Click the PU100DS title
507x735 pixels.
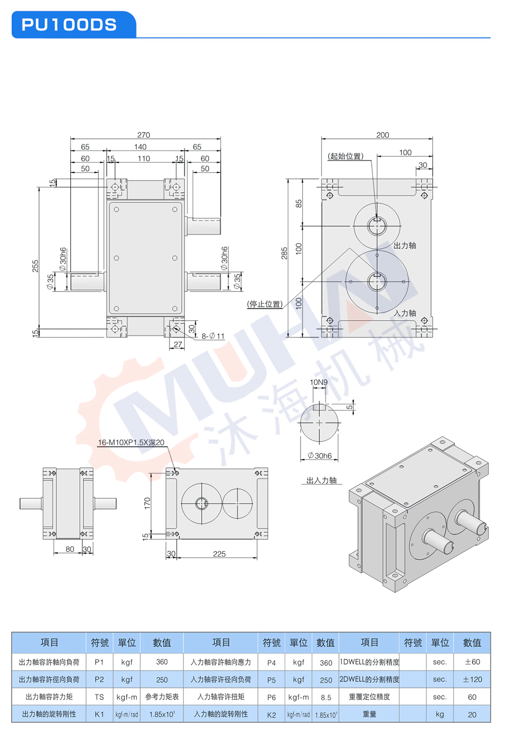[x=69, y=25]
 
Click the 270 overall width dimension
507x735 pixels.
[x=144, y=135]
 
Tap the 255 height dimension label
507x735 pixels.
[x=35, y=266]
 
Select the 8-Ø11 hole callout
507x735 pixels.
[x=213, y=336]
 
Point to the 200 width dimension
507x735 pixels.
[x=382, y=135]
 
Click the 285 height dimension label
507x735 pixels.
[x=284, y=253]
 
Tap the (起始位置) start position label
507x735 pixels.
[x=345, y=156]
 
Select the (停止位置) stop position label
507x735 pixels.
[x=265, y=304]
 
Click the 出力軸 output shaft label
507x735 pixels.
[x=405, y=246]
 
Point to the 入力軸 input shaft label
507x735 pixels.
[x=405, y=313]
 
